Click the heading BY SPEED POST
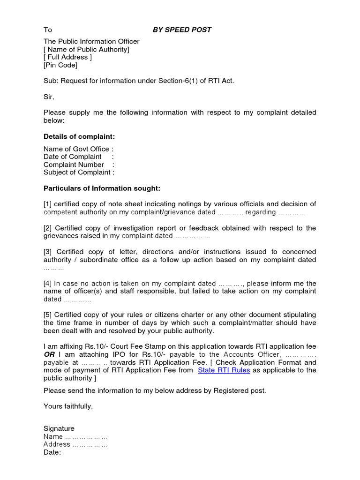pos(182,30)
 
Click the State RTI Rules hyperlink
pos(224,370)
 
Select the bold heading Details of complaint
pos(79,136)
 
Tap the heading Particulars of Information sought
pos(102,188)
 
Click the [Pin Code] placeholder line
pos(60,65)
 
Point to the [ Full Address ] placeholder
pos(67,57)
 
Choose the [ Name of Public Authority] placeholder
pos(86,49)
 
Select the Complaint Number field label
pos(74,165)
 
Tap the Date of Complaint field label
pos(73,157)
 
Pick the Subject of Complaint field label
pos(77,172)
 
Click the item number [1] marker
pos(48,204)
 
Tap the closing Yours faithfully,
pos(68,406)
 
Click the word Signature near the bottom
pos(59,428)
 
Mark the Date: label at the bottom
pos(52,452)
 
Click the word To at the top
pos(47,30)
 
